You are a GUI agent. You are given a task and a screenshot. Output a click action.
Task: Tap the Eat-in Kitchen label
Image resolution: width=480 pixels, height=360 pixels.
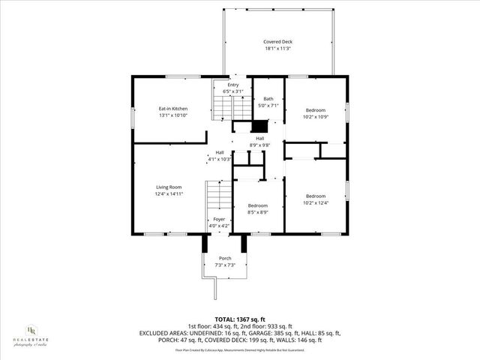[x=172, y=109]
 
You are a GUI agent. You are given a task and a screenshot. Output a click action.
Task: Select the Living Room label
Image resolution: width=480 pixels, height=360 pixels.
[x=169, y=187]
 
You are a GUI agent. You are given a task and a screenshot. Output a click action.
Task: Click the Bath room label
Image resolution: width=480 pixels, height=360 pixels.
[x=268, y=99]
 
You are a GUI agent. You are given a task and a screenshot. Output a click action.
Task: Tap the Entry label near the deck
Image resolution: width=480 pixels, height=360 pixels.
[x=233, y=85]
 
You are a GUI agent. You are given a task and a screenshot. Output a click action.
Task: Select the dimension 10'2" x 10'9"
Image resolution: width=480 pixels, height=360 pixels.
[x=316, y=116]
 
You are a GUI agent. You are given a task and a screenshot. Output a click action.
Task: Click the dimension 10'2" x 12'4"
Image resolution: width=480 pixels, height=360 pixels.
[x=316, y=202]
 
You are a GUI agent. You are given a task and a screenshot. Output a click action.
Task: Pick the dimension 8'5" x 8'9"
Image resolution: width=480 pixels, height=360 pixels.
[x=258, y=212]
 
